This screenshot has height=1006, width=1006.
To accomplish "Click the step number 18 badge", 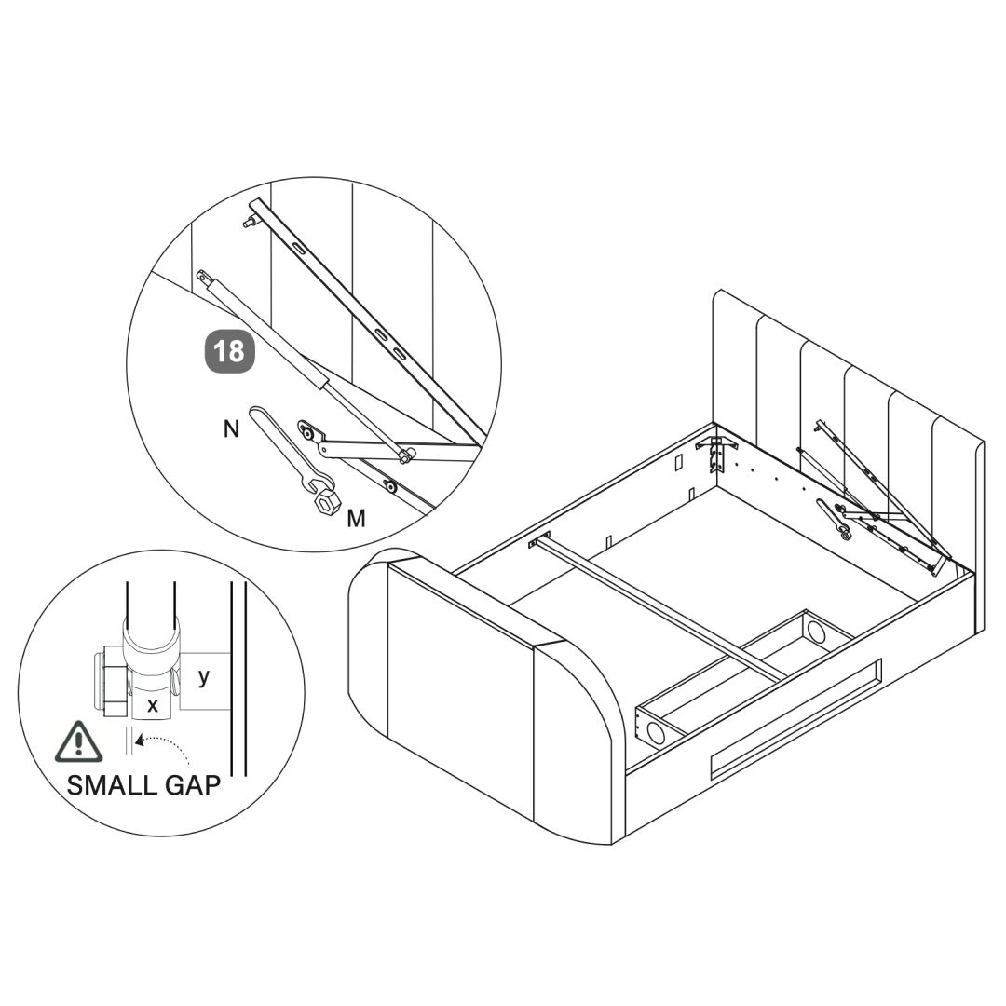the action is [x=229, y=351].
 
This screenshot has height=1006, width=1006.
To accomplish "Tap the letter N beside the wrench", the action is [x=231, y=428].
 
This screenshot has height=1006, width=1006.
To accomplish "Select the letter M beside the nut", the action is [x=356, y=518].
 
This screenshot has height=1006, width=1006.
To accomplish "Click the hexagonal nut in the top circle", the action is [x=327, y=502].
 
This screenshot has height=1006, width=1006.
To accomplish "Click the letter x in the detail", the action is [x=153, y=706].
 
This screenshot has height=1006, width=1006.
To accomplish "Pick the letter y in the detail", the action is [x=204, y=676].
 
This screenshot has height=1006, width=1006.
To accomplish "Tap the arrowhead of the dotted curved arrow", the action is [x=140, y=741].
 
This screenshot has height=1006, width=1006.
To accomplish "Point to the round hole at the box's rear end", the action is [x=817, y=632].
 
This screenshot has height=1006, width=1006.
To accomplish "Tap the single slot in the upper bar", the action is [x=297, y=249].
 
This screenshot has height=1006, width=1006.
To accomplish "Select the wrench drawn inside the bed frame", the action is [x=834, y=518].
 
